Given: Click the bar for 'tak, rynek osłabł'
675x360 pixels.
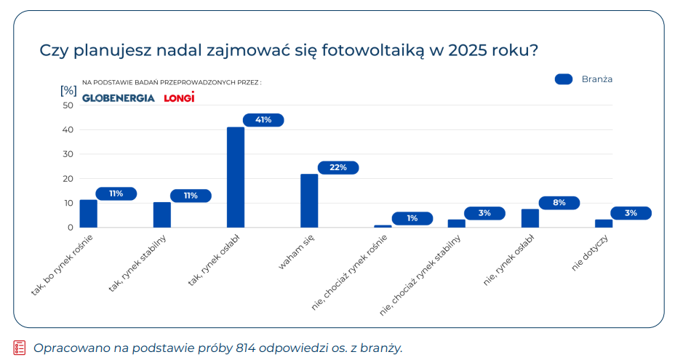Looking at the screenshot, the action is pyautogui.click(x=236, y=177).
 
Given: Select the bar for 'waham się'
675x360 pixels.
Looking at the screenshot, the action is pyautogui.click(x=309, y=201).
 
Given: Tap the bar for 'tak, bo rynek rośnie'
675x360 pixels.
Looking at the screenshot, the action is pyautogui.click(x=88, y=214).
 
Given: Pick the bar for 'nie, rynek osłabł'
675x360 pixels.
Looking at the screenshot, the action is pyautogui.click(x=530, y=218).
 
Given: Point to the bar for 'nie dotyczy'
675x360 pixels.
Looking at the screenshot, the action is pyautogui.click(x=604, y=223).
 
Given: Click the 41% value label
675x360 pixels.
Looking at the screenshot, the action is pyautogui.click(x=263, y=120).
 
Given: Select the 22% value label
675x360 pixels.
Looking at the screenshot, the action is pyautogui.click(x=338, y=167).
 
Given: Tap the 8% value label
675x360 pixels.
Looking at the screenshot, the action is pyautogui.click(x=559, y=203).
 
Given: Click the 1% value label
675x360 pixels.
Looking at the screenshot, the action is pyautogui.click(x=412, y=218).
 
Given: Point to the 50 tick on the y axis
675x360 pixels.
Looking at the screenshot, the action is pyautogui.click(x=68, y=105).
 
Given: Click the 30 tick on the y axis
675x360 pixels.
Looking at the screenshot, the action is pyautogui.click(x=68, y=154).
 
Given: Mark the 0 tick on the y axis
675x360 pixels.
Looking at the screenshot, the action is pyautogui.click(x=71, y=228).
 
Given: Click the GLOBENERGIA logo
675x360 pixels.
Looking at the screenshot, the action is pyautogui.click(x=119, y=98).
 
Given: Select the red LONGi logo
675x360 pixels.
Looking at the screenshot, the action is pyautogui.click(x=179, y=97).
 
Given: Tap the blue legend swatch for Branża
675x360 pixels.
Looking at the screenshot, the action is pyautogui.click(x=564, y=79).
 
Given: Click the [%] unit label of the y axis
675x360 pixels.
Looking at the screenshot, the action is pyautogui.click(x=68, y=90).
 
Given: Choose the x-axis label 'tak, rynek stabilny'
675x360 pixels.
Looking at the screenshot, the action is pyautogui.click(x=137, y=263).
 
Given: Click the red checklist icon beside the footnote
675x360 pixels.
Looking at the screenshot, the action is pyautogui.click(x=20, y=348).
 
